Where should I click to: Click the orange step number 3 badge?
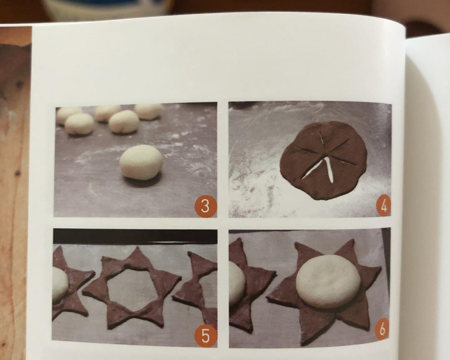205,206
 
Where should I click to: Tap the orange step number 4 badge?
382,206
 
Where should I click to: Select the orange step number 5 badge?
205,335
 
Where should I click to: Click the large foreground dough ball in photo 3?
141,162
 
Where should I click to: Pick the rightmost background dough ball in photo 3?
148,111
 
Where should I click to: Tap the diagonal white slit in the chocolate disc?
312,169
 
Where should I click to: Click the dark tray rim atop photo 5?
135,236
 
